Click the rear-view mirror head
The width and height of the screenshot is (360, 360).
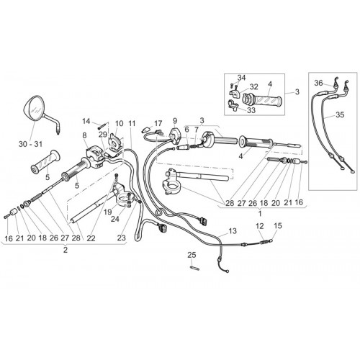coord(33,108)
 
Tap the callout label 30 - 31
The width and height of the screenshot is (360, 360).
coord(30,144)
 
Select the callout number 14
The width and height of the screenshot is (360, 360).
coord(86,121)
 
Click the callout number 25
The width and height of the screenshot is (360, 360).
coord(192,255)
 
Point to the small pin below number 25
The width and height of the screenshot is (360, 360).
coord(194,268)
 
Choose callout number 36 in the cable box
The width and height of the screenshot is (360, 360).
coord(319,83)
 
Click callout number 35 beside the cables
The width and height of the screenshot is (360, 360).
coord(340,114)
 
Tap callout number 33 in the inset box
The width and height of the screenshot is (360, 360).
coord(251,110)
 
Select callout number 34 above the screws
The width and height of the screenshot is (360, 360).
coord(242,78)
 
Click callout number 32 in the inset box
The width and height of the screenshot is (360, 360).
coord(253,86)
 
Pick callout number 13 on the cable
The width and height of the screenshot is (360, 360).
coord(233,231)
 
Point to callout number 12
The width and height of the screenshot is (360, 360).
coord(259,226)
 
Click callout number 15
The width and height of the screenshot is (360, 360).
coord(278,226)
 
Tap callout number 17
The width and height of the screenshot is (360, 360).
coord(158,124)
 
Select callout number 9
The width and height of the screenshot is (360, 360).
coord(175,121)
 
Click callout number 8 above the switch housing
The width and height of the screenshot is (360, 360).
coord(84,135)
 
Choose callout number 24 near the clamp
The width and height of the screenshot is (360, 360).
coord(115,219)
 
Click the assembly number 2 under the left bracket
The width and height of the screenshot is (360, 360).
coord(66,250)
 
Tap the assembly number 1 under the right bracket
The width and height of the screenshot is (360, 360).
coord(260,213)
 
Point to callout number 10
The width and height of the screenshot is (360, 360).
coord(119,123)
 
